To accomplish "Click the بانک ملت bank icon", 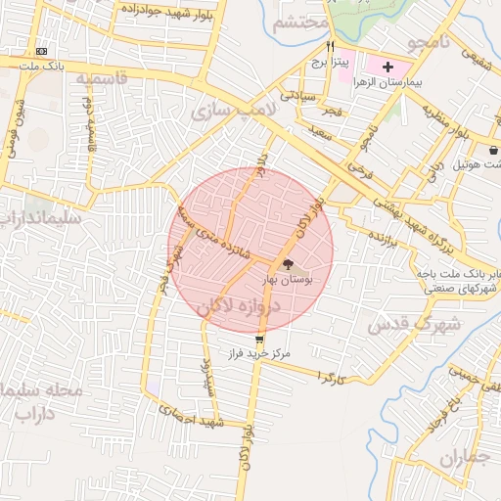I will [x=41, y=50].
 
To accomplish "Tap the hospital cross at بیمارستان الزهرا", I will [x=388, y=68].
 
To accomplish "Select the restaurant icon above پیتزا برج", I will [x=331, y=46].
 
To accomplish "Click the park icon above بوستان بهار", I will [x=287, y=263].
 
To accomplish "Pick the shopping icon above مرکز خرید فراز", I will [x=258, y=339].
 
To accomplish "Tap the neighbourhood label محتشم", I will [x=300, y=23].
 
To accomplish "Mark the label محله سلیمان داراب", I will [x=44, y=400].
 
